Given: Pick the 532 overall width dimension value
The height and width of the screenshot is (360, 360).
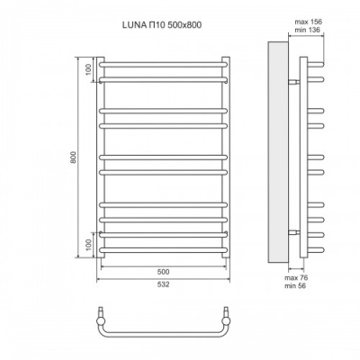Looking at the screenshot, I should click(x=163, y=285).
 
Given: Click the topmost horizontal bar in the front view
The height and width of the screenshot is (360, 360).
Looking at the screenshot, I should click(x=163, y=65).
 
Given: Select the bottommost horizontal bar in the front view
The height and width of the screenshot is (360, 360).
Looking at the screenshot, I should click(x=163, y=247).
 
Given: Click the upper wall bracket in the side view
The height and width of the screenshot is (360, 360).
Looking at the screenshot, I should click(x=293, y=81).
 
